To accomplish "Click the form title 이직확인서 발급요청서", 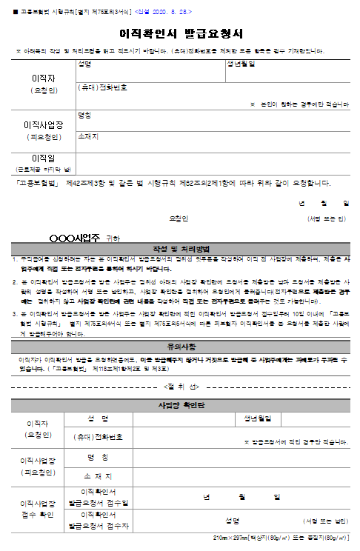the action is pyautogui.click(x=181, y=34).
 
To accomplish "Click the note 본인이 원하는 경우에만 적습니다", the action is pyautogui.click(x=300, y=105).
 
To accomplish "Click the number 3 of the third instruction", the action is pyautogui.click(x=14, y=314).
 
